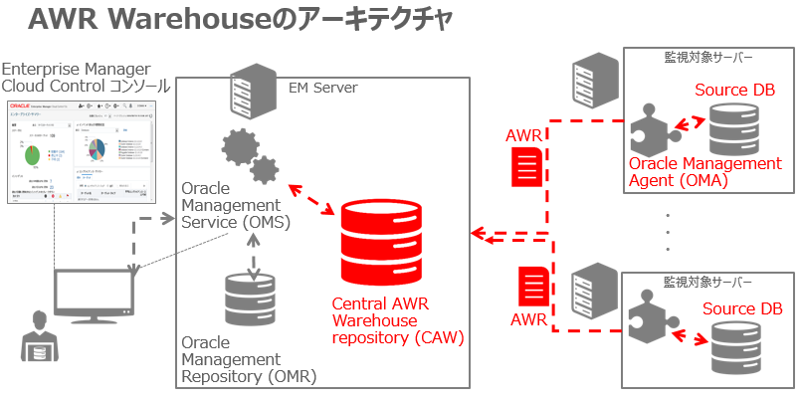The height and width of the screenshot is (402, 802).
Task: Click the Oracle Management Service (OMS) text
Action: pos(235,205)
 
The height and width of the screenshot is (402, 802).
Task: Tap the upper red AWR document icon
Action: pos(525,167)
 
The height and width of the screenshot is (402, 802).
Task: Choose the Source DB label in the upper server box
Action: pos(734,91)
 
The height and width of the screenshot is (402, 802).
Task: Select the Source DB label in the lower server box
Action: pos(742,308)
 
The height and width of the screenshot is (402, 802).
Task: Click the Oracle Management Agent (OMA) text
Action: pos(704,171)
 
